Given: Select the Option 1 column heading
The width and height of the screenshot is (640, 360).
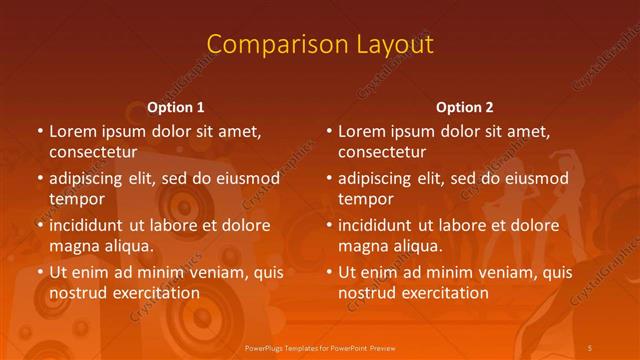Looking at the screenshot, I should click(x=176, y=107).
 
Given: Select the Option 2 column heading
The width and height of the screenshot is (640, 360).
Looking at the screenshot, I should click(x=465, y=107).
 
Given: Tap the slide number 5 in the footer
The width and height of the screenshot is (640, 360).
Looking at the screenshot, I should click(x=590, y=346).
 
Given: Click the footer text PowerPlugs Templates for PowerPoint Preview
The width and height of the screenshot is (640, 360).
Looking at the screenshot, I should click(x=320, y=346).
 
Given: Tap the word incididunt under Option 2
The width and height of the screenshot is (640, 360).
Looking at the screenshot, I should click(x=382, y=225).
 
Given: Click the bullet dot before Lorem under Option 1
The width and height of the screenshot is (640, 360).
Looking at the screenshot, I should click(x=40, y=131).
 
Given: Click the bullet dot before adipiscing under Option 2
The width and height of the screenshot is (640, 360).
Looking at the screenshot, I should click(x=329, y=178).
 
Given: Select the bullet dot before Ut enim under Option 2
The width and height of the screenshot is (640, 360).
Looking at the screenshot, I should click(x=329, y=272).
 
